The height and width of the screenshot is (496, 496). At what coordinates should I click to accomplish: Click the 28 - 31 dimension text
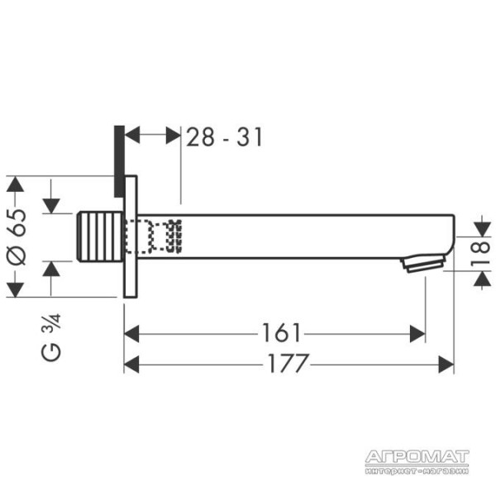[224, 137]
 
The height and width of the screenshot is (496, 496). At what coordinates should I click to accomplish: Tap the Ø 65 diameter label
[17, 236]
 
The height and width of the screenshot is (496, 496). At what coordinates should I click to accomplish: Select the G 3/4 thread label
[51, 337]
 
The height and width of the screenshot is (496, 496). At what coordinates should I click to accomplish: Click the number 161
[281, 333]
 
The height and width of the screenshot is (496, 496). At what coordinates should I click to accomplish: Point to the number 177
[288, 363]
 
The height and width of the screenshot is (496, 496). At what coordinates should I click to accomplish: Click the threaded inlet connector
[100, 236]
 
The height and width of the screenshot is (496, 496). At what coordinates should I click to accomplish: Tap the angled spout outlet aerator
[423, 263]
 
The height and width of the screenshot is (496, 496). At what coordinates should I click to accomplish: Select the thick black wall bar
[119, 161]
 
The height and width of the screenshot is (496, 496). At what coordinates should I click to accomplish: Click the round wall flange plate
[131, 236]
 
